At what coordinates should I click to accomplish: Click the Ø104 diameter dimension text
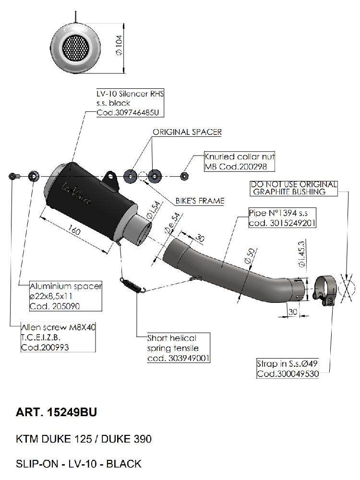pos(118,47)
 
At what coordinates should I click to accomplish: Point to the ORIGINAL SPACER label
pos(187,132)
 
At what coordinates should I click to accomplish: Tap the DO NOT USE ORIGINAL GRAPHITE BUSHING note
pos(294,188)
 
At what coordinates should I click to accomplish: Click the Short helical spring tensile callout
pos(178,348)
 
